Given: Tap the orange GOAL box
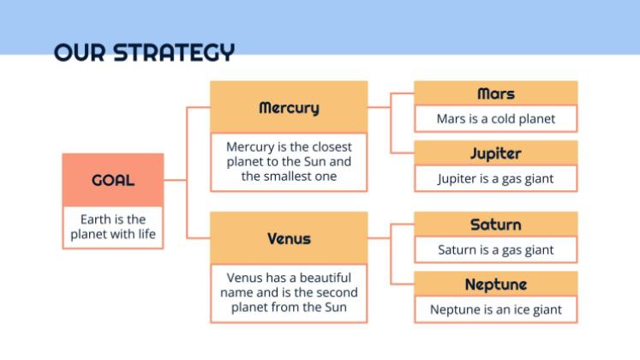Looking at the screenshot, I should point(112,180).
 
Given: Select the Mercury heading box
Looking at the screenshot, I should point(289,107).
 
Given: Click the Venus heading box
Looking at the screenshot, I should point(289,237).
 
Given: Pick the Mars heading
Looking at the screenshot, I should point(496,93).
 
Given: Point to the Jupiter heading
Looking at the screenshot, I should point(496,153).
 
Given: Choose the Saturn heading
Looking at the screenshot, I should point(496,225).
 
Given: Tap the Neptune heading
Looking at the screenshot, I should point(496,284).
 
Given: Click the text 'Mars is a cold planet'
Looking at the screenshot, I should point(496,119).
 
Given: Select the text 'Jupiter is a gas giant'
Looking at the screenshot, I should point(496,179).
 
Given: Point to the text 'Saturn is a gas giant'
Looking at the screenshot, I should point(496,250).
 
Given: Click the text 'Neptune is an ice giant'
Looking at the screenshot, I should point(496,309).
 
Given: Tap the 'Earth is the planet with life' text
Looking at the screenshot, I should point(113,227).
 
